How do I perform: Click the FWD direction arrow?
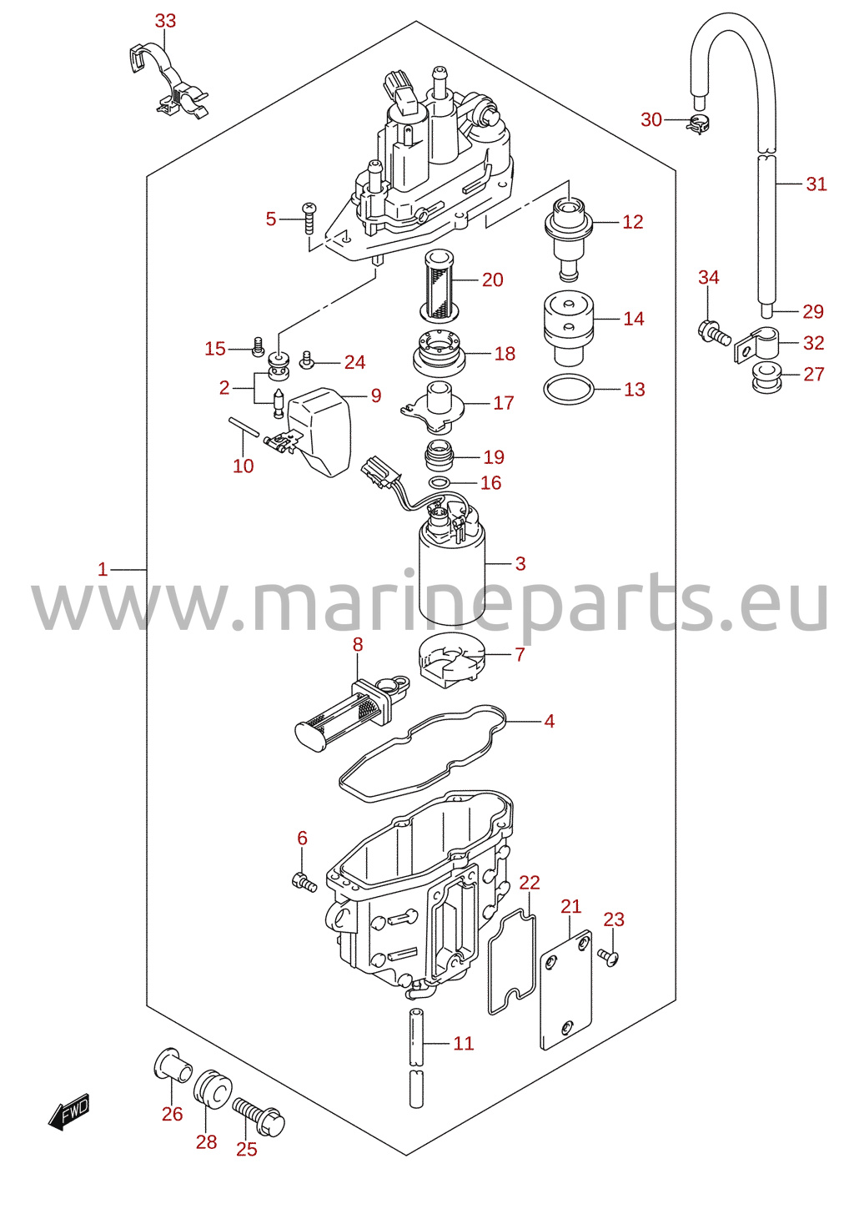68,1111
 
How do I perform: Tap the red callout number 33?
165,21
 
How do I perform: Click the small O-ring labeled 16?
440,481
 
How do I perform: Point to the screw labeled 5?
309,217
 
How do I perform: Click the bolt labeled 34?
714,332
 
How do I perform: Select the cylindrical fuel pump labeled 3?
452,564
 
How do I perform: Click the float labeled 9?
319,431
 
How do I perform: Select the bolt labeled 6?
304,882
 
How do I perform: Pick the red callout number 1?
103,569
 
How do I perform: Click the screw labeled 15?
259,346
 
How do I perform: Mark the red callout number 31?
816,184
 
